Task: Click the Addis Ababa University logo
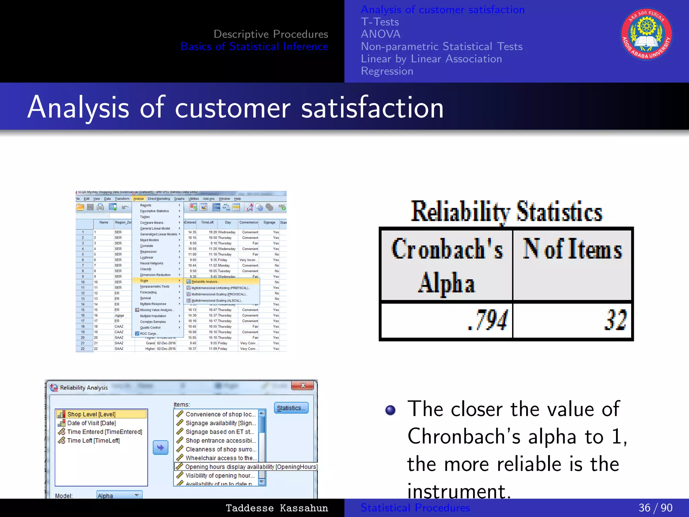pos(646,34)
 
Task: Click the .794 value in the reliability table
pos(488,320)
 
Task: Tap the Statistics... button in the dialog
pos(291,408)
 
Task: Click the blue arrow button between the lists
pos(160,448)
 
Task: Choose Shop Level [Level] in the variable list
pos(91,414)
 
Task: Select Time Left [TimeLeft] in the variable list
pos(93,441)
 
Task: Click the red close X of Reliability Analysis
pos(302,385)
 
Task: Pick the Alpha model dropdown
pos(119,495)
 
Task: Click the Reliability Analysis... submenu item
pos(205,282)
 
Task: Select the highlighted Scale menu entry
pos(144,281)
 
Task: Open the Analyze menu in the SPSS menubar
pos(138,199)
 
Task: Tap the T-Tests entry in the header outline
pos(380,22)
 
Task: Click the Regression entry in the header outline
pos(387,71)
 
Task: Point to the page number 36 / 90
pos(655,508)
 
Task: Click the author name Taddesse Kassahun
pos(277,508)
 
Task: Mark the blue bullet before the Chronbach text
pos(390,410)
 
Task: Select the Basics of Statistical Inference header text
pos(254,46)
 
